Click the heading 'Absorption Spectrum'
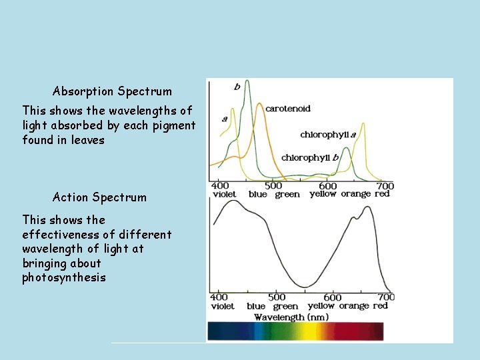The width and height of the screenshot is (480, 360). [112, 91]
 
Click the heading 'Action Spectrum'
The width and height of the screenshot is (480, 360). [99, 197]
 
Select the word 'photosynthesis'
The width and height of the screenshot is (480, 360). [63, 277]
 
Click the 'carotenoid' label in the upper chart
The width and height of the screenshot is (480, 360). [288, 109]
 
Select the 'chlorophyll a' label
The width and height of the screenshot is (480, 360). [328, 135]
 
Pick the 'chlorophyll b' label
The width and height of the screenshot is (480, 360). [310, 158]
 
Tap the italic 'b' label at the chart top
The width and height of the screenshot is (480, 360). [237, 87]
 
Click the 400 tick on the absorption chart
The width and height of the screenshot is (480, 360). [219, 186]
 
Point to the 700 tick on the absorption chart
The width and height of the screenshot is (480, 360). [385, 186]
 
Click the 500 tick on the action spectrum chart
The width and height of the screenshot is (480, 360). [276, 297]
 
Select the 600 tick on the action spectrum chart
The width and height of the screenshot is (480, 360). [333, 297]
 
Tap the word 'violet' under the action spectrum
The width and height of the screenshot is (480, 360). [223, 307]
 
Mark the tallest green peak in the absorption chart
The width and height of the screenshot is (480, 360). [247, 82]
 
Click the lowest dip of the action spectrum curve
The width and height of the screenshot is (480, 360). [305, 287]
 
